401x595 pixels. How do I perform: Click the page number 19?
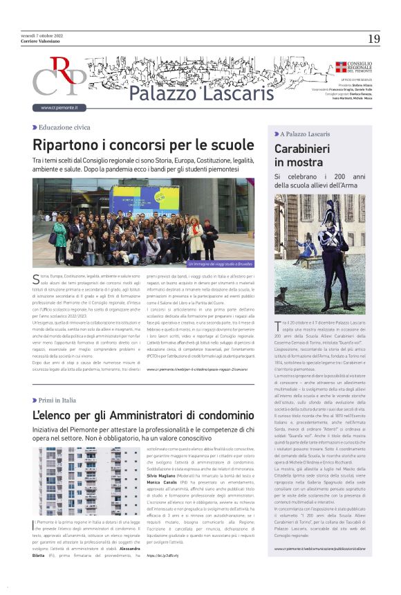pos(374,39)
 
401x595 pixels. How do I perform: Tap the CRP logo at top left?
pos(59,77)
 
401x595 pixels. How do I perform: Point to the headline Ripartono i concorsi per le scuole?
pos(144,145)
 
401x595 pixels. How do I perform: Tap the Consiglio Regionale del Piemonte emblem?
pos(341,67)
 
